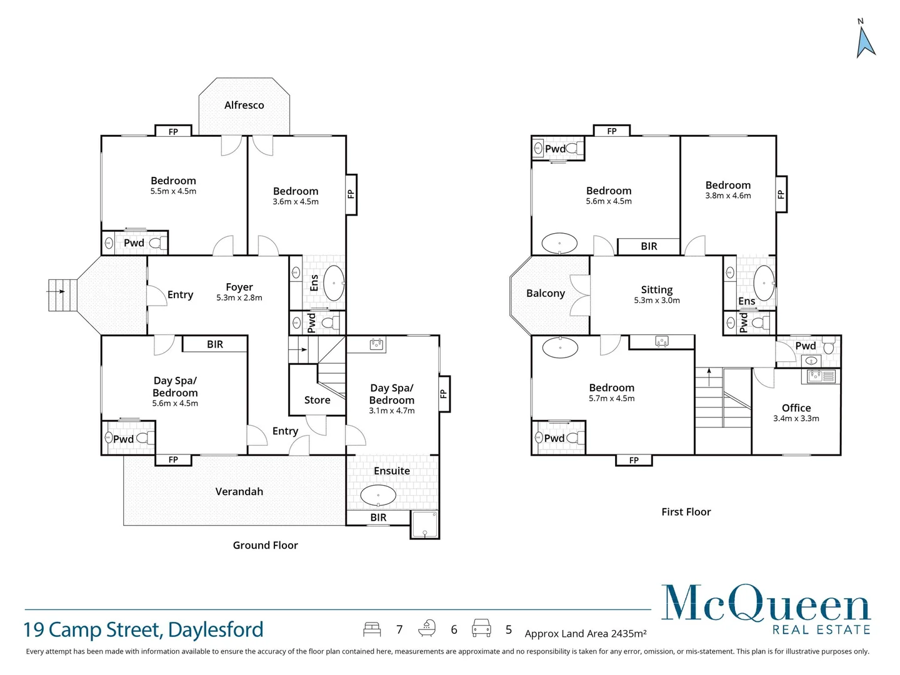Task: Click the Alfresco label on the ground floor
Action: pos(244,105)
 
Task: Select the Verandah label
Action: pos(239,492)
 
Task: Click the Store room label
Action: pos(317,400)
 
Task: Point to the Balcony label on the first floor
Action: pos(545,293)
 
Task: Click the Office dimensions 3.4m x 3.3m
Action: pos(796,419)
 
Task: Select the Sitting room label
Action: pos(656,289)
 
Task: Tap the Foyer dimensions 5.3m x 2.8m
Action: pos(239,298)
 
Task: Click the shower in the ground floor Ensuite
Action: pos(424,524)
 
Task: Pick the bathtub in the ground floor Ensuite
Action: pos(378,496)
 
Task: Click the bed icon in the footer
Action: pos(372,629)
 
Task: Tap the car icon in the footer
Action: pos(481,627)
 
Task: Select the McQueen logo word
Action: pos(766,604)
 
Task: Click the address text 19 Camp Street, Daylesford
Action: pos(143,629)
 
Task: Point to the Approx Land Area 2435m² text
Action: pos(585,634)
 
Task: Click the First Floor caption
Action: pos(686,512)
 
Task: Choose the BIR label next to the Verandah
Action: pos(378,517)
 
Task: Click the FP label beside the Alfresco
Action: pos(173,131)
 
